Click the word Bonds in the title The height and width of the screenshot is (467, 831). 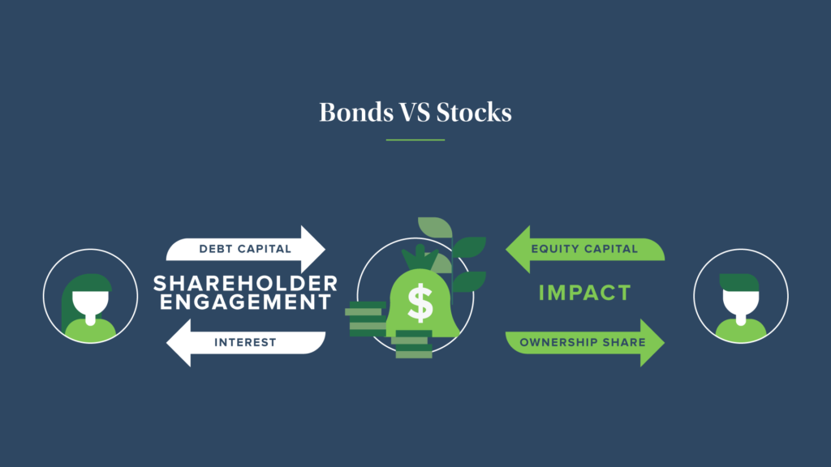[x=356, y=112]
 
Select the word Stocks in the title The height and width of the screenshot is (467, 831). [x=474, y=112]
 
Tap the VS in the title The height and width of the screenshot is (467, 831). [x=415, y=112]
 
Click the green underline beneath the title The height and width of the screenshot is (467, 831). [x=415, y=139]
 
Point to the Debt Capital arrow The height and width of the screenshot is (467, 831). [x=245, y=250]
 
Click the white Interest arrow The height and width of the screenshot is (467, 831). [x=245, y=343]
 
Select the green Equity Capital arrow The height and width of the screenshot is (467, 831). [x=585, y=250]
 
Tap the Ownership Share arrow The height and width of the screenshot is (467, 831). [x=585, y=343]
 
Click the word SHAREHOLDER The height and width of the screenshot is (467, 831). [x=245, y=284]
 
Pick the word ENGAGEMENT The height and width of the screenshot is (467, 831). [x=245, y=302]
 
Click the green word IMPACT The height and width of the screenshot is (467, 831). [x=585, y=293]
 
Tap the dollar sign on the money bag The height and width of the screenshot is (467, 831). [x=420, y=303]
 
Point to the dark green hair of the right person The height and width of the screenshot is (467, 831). [x=739, y=282]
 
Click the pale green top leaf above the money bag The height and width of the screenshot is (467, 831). [x=436, y=227]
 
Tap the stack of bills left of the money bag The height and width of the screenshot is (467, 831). [x=367, y=319]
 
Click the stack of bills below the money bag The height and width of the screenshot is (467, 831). [x=413, y=344]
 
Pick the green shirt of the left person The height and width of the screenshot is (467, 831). [x=90, y=330]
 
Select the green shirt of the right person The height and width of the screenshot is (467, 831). [x=740, y=330]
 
